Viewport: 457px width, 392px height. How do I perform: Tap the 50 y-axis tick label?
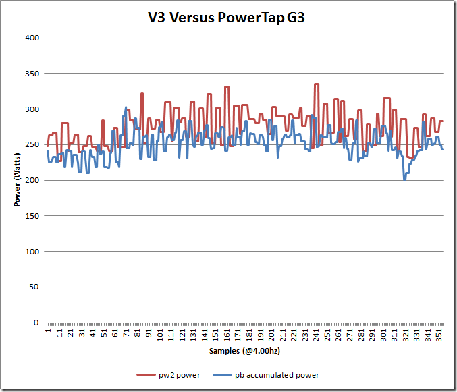pyautogui.click(x=34, y=287)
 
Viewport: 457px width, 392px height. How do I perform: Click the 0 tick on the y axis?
pyautogui.click(x=36, y=323)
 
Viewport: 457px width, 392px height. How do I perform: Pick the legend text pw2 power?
pyautogui.click(x=178, y=375)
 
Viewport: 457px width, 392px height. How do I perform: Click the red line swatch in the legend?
pyautogui.click(x=146, y=375)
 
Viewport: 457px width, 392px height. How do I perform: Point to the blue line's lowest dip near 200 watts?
pyautogui.click(x=405, y=179)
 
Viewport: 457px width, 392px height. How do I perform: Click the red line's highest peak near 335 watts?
pyautogui.click(x=316, y=84)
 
